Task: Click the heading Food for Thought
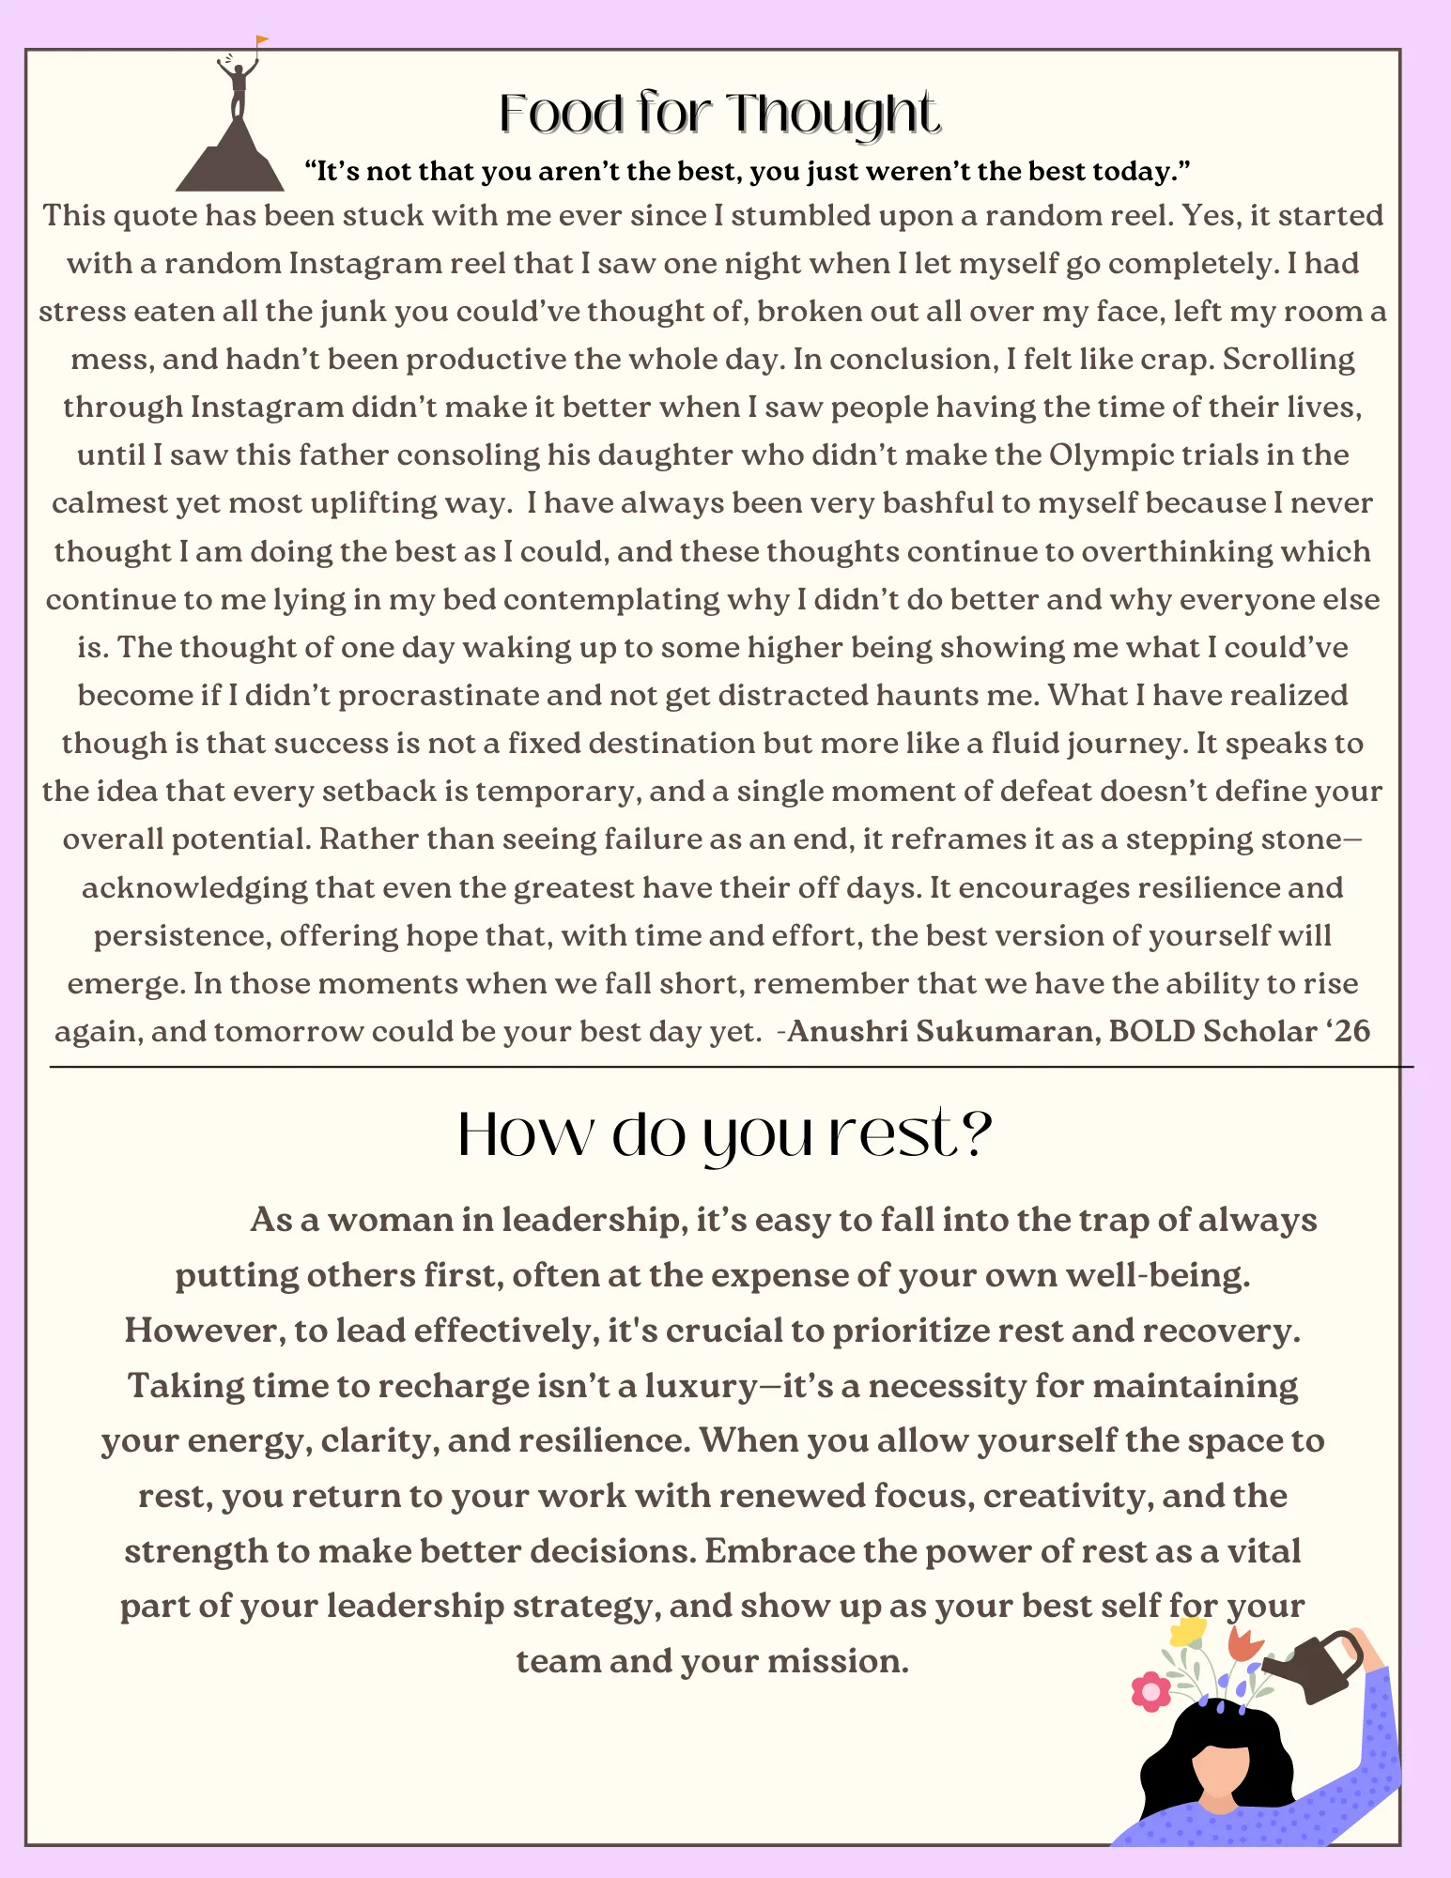[x=719, y=114]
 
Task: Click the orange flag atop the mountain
[x=262, y=40]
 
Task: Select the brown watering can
[x=1315, y=1668]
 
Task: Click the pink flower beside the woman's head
[x=1150, y=1691]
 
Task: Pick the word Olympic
[x=1110, y=455]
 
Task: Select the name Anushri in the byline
[x=847, y=1032]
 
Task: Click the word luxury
[x=701, y=1387]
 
